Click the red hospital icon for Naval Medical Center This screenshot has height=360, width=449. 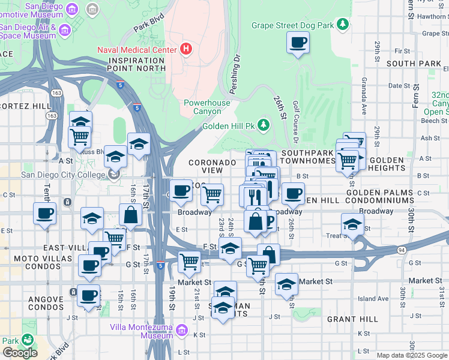coord(186,49)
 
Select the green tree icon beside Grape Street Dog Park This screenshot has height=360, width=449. coord(342,25)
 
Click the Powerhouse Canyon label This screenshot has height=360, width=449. coord(206,107)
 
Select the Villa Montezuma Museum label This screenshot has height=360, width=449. coord(142,331)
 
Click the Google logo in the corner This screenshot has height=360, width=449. coord(20,352)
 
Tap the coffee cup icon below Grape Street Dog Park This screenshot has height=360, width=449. coord(298,43)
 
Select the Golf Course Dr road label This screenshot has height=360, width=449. coord(296,127)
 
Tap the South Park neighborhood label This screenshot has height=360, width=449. coord(414,63)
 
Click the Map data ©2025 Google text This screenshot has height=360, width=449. coord(412,355)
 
